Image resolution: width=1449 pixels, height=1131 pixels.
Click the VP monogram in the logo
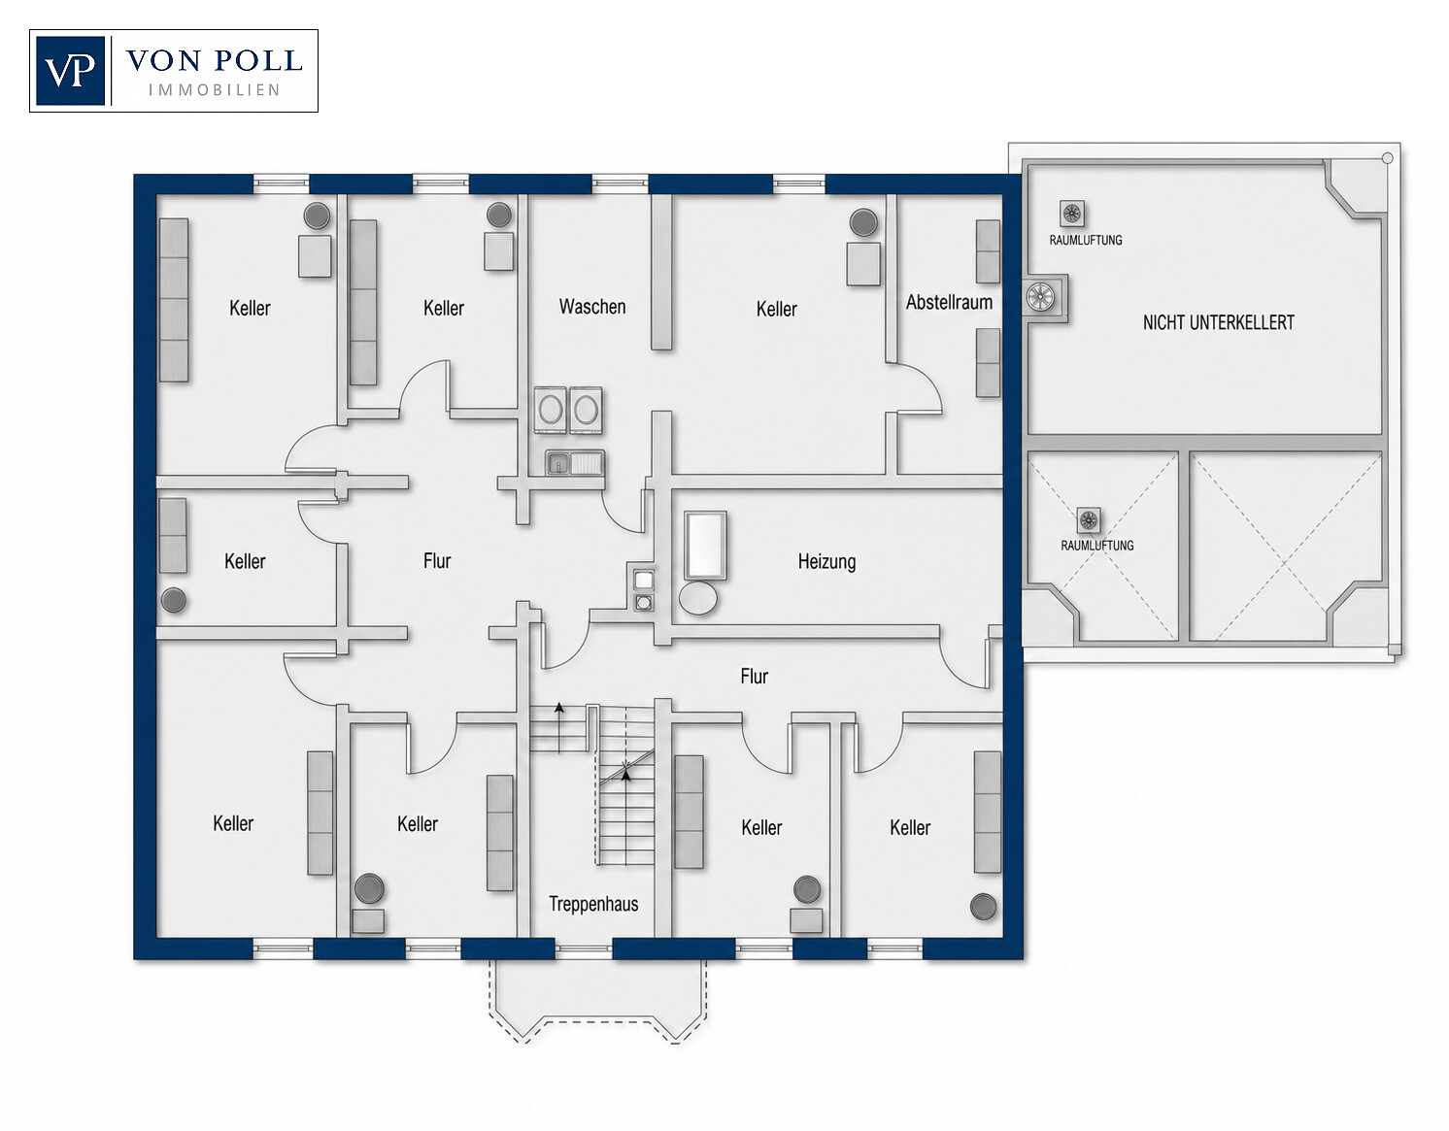point(70,71)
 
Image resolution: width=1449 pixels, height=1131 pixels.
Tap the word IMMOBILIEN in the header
point(214,90)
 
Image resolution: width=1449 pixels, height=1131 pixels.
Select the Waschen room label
point(592,307)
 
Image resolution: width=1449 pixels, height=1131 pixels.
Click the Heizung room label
point(826,561)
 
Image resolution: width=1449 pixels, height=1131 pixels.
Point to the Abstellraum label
point(949,303)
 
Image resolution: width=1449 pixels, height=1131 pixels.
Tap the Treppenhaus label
point(593,905)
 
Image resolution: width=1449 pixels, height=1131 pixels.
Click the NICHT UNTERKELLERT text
point(1218,323)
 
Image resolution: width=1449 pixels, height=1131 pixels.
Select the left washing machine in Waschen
point(550,410)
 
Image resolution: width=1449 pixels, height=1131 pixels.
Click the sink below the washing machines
point(575,462)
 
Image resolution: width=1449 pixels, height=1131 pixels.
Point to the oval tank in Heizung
point(698,598)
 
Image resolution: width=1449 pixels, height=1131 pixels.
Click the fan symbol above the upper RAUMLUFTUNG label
point(1071,214)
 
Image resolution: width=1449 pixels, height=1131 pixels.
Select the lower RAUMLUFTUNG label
point(1096,546)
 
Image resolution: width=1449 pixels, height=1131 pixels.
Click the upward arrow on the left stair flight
point(559,728)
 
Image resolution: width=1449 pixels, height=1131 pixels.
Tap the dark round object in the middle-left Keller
point(174,601)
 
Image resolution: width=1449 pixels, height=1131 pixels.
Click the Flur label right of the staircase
point(755,677)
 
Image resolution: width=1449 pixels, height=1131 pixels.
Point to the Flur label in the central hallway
point(437,561)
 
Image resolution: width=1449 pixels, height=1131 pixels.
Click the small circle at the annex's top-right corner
point(1388,158)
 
